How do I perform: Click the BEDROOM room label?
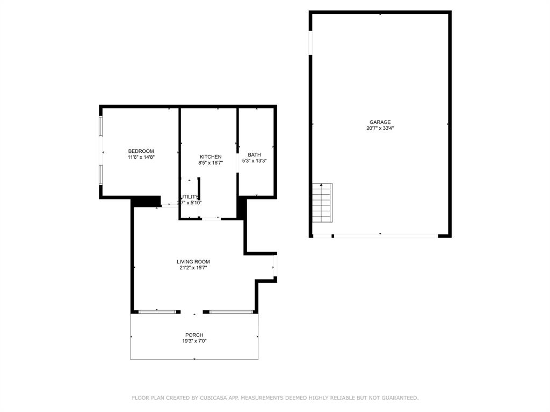[x=141, y=151]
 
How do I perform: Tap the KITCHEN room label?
[x=210, y=157]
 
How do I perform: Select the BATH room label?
[x=254, y=154]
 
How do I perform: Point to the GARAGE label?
[x=380, y=122]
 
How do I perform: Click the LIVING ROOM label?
[x=193, y=262]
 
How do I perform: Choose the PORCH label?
[x=194, y=335]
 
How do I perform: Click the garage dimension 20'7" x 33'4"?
[x=380, y=128]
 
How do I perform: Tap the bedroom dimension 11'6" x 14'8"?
[x=141, y=157]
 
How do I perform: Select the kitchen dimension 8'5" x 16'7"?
[x=210, y=163]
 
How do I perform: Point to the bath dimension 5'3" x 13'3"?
[x=254, y=160]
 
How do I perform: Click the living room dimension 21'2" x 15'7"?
[x=193, y=268]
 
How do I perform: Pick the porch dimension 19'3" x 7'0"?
[x=194, y=341]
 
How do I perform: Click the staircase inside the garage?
[x=322, y=203]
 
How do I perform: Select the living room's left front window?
[x=157, y=311]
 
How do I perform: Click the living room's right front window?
[x=231, y=311]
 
